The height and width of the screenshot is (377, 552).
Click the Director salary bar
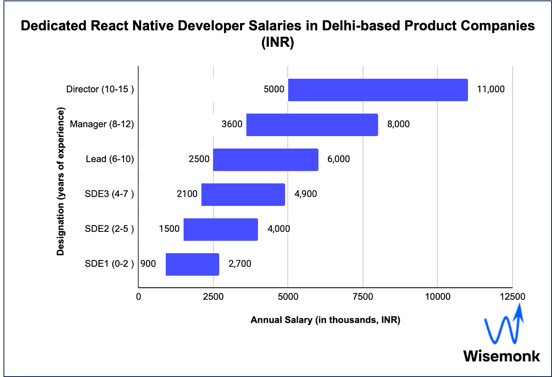(378, 90)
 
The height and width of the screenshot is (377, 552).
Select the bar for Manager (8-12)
(312, 125)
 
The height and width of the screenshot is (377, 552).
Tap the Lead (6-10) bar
(266, 159)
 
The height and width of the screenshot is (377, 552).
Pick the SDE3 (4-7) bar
(243, 195)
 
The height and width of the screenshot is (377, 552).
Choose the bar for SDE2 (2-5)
(221, 229)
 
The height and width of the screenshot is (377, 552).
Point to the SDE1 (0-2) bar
(192, 264)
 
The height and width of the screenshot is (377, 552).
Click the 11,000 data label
(491, 90)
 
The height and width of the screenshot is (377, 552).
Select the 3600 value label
(232, 125)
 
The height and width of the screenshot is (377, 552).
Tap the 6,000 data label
(338, 159)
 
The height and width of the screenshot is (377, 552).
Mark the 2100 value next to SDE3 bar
(187, 194)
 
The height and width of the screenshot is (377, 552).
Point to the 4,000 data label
(279, 229)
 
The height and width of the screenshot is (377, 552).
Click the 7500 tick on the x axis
(363, 297)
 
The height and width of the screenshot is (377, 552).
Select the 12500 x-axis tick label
(512, 297)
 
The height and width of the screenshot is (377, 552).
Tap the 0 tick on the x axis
(138, 297)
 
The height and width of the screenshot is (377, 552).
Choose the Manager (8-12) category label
(101, 124)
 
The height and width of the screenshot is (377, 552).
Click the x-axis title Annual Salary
(325, 321)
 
